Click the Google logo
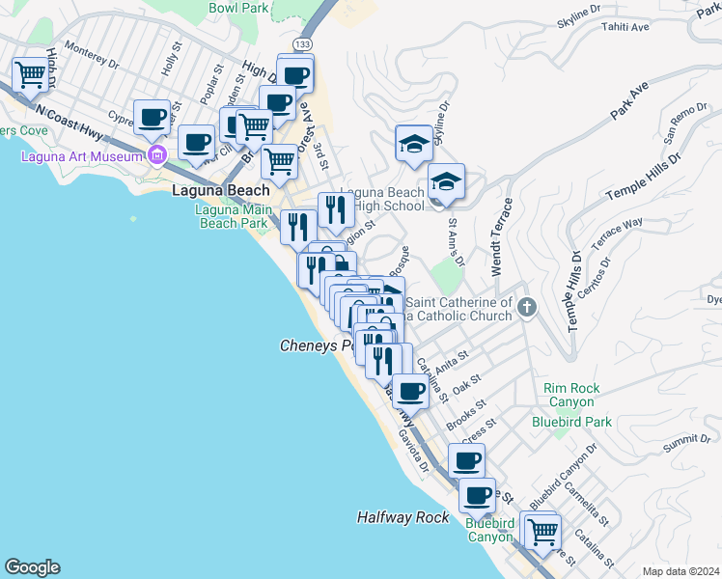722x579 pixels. (32, 567)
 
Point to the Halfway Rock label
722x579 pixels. (403, 517)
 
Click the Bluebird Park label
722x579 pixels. (572, 422)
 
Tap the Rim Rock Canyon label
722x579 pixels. (572, 395)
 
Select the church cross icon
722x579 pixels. (526, 308)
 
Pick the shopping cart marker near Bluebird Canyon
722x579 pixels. (542, 530)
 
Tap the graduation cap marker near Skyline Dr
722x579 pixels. (414, 144)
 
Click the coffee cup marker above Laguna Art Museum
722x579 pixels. (152, 118)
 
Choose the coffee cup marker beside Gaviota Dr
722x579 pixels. (410, 391)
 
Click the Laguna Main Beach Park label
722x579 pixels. (232, 216)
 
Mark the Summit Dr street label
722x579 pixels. (685, 440)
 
